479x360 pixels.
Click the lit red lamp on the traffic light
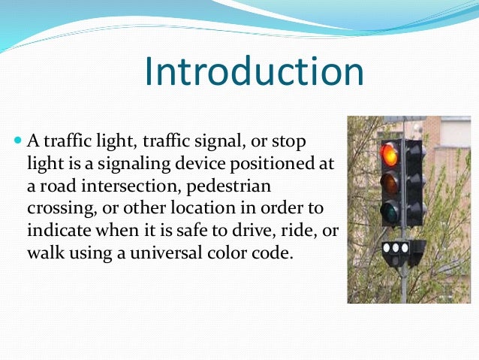pyautogui.click(x=389, y=156)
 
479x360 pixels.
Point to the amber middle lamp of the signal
pyautogui.click(x=389, y=183)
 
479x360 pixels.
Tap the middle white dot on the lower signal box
pyautogui.click(x=395, y=247)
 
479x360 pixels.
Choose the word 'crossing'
pyautogui.click(x=56, y=207)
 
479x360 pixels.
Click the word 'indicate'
pyautogui.click(x=56, y=228)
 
